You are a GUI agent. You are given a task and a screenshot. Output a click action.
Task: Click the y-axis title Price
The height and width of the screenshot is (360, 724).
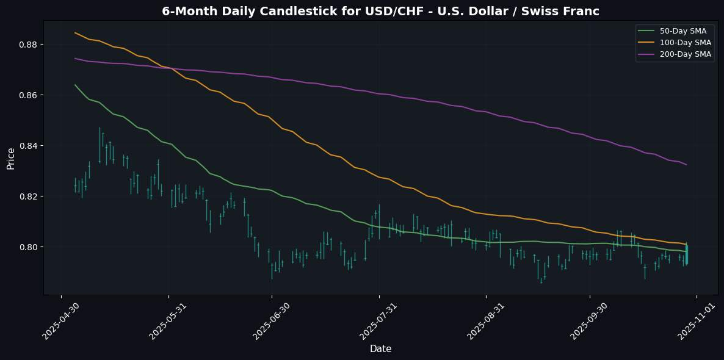pos(11,157)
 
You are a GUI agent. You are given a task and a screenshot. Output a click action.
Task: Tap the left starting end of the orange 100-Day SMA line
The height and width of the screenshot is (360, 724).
pos(75,33)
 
